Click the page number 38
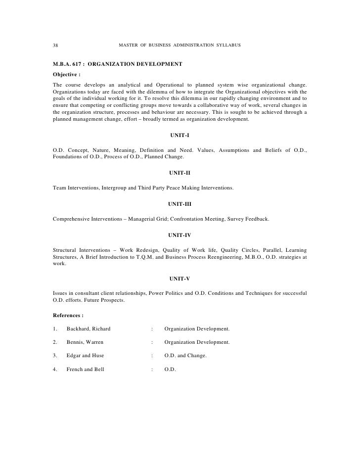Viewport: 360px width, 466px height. click(55, 46)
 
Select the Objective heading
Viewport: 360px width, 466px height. click(66, 75)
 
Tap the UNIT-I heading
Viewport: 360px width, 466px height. click(180, 135)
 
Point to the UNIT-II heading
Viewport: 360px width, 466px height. click(180, 173)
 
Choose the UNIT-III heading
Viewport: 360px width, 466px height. click(180, 203)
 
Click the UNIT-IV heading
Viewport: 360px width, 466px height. click(180, 234)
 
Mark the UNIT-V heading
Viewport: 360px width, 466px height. click(180, 279)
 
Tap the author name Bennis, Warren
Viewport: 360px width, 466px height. click(85, 342)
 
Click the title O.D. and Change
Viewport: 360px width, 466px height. click(185, 355)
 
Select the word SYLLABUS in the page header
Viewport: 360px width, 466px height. click(228, 46)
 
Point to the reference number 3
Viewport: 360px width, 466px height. click(54, 355)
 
